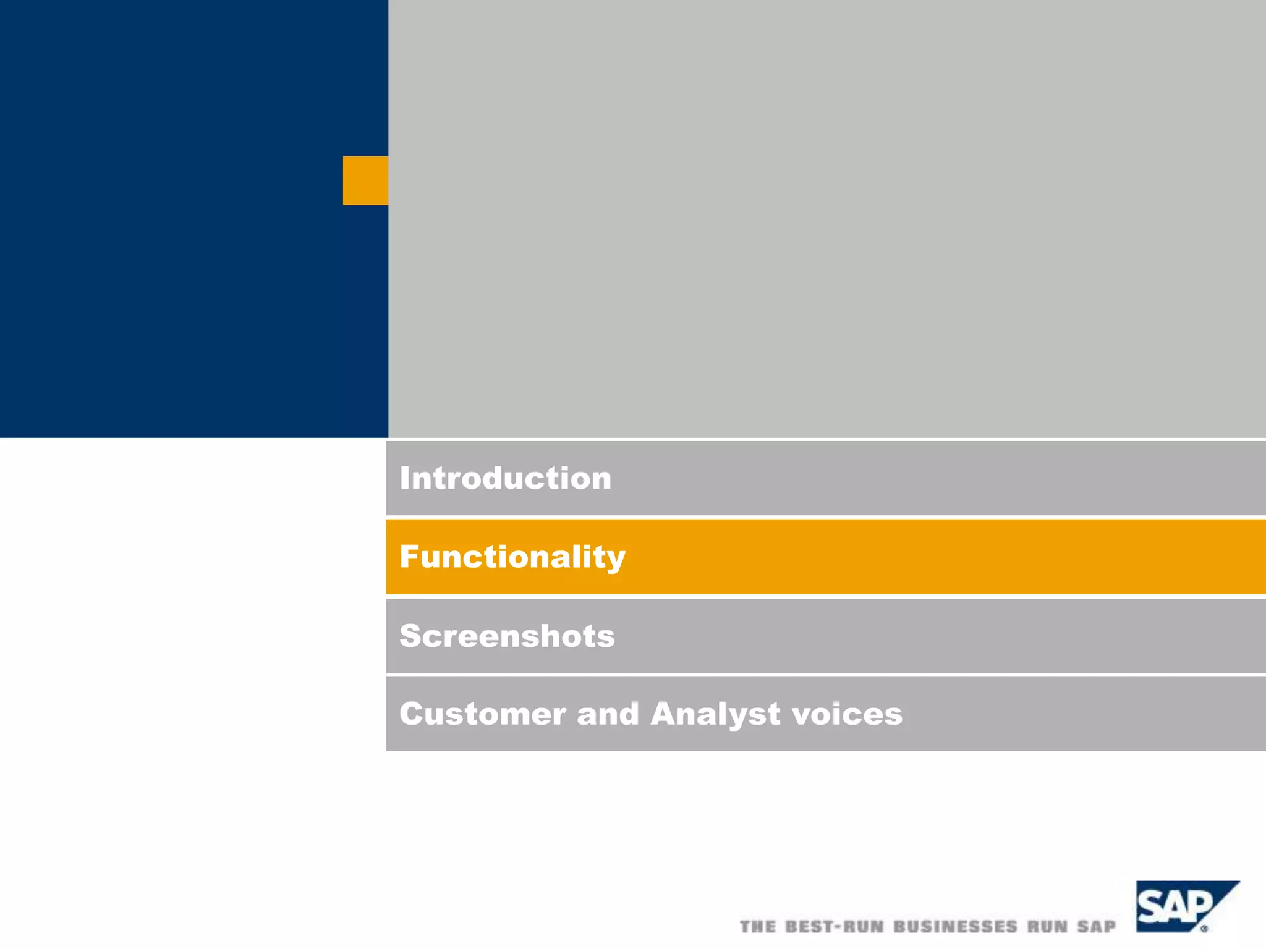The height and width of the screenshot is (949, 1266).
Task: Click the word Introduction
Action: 505,478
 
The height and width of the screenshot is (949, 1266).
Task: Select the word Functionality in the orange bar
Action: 512,557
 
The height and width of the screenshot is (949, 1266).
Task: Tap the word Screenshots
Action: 507,636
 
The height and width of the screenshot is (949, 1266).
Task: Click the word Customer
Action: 482,714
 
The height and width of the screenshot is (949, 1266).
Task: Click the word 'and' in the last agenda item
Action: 608,714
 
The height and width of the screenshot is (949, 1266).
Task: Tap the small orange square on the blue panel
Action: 365,180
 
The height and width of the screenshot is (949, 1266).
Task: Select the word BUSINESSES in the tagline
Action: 956,927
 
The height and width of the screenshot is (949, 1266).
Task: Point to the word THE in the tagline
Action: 758,927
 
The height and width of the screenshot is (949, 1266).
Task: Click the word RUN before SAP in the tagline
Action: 1048,927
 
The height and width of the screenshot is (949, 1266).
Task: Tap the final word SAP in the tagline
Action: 1097,927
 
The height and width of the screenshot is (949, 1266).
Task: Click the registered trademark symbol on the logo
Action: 1204,928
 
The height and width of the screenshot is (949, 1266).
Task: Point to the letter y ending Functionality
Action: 615,560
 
